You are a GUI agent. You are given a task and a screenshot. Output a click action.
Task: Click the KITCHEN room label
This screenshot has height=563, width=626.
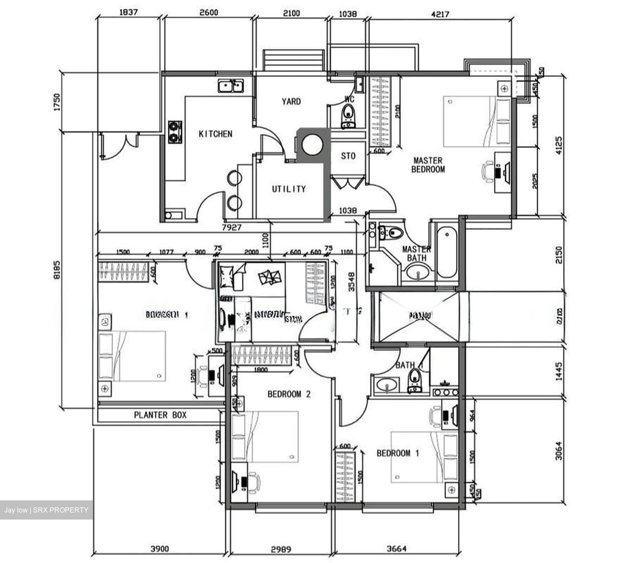[215, 134]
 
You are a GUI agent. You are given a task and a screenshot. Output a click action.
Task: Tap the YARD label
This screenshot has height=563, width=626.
[291, 101]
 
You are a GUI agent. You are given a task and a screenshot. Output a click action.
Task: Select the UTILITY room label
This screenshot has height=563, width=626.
[289, 189]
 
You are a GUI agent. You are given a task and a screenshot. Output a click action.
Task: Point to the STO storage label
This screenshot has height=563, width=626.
[348, 156]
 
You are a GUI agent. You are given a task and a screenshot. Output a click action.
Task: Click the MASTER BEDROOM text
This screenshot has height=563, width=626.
[428, 165]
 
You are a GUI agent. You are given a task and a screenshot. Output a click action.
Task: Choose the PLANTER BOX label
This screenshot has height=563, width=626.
[160, 415]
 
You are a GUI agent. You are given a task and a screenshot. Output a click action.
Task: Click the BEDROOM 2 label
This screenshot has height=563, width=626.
[289, 394]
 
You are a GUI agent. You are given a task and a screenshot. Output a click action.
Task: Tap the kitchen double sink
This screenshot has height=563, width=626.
[231, 86]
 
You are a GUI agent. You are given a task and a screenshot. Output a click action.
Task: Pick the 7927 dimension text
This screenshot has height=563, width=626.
[232, 227]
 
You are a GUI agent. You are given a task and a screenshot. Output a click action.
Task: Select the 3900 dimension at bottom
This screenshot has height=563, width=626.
[159, 549]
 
